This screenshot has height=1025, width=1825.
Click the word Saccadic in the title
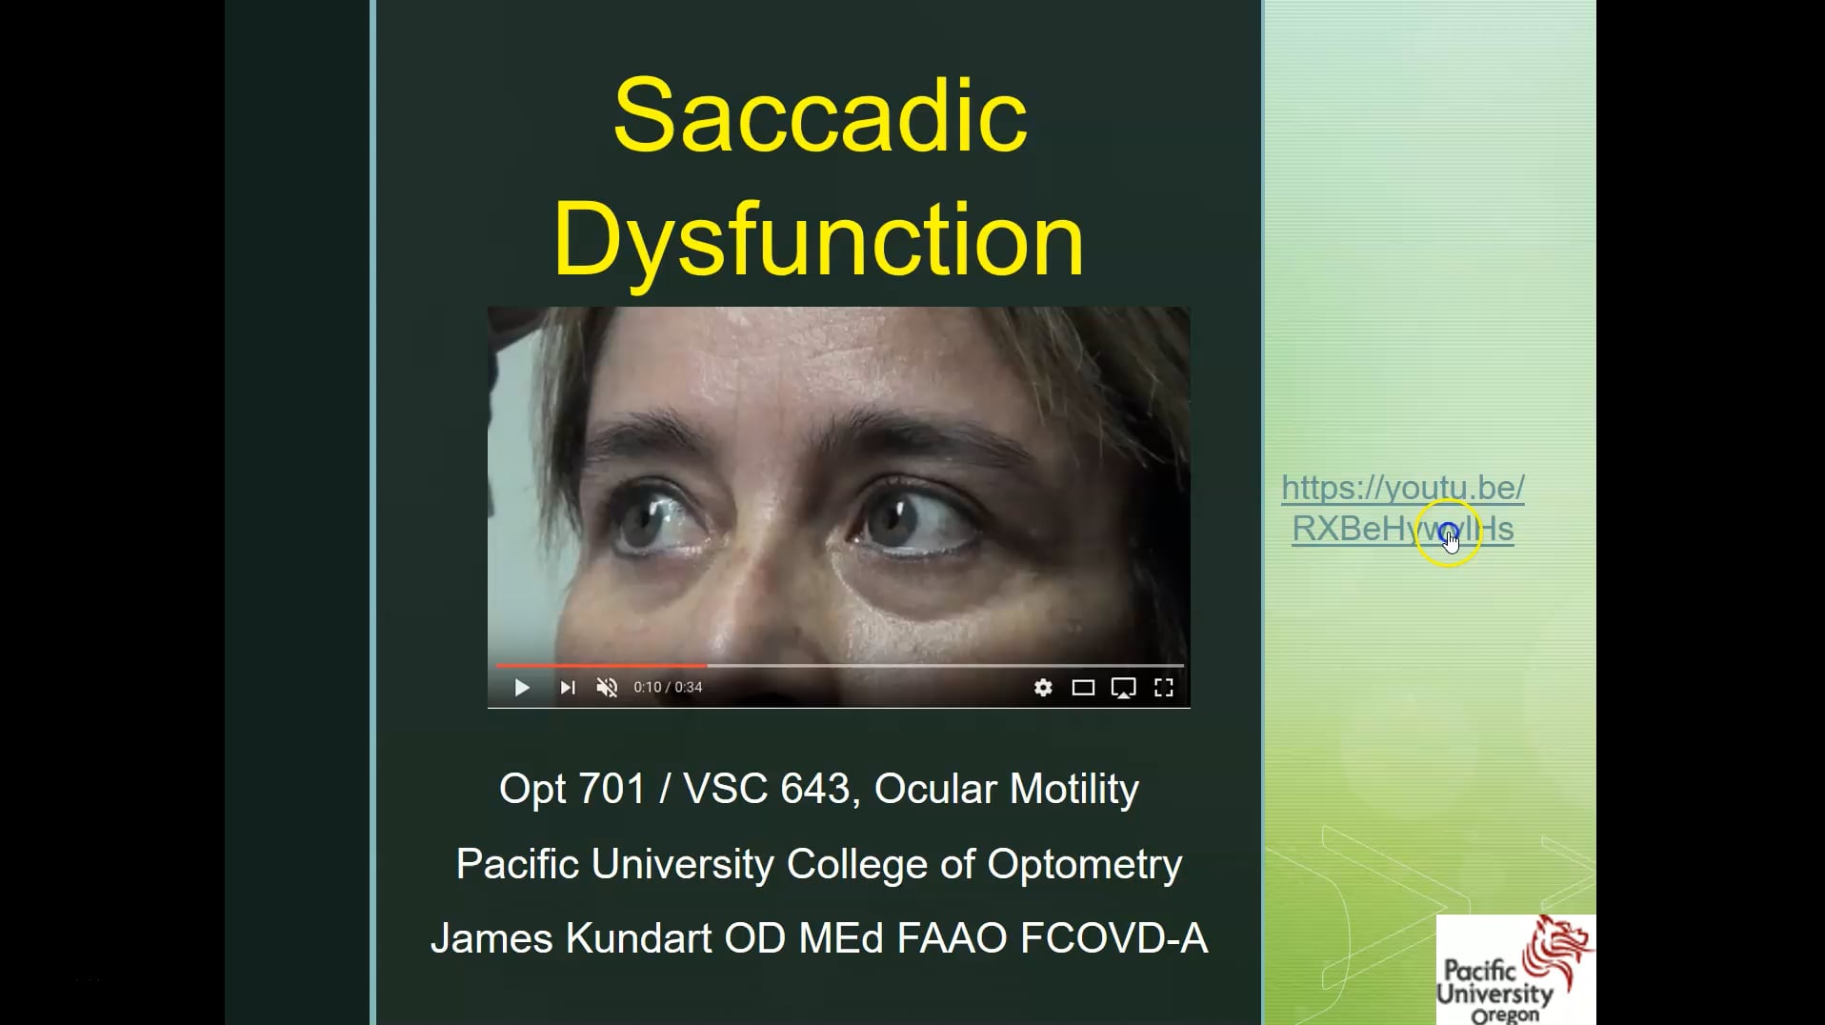[820, 116]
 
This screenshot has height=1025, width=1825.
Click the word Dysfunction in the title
[818, 239]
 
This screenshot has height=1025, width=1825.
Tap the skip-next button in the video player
[568, 688]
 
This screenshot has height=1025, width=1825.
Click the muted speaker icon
[607, 688]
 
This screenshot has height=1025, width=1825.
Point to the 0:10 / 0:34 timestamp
[668, 688]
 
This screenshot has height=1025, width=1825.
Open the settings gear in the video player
[1043, 688]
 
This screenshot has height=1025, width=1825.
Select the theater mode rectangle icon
[1083, 688]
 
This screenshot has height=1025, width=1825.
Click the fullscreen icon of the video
[1164, 688]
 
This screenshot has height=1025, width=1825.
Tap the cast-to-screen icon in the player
[1124, 688]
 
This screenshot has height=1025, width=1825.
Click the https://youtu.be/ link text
[1402, 488]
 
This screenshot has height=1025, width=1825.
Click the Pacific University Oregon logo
[1514, 970]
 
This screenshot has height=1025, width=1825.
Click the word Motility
[1073, 789]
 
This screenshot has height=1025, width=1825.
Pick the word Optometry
[1084, 864]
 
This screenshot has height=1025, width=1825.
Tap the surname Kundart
[638, 938]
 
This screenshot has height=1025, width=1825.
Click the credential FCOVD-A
[1113, 938]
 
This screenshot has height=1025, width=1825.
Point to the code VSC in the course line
[725, 789]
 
